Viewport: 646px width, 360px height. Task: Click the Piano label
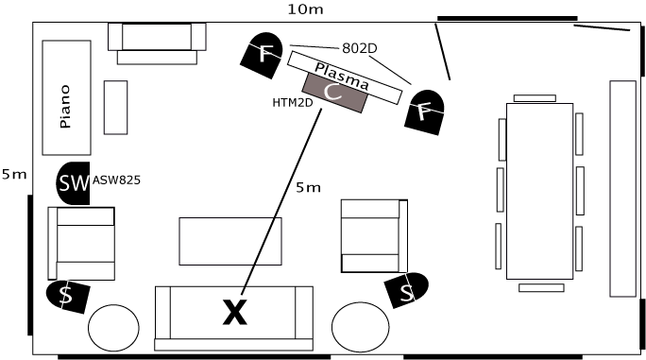[x=65, y=107]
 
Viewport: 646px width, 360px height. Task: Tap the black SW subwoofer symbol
[x=74, y=183]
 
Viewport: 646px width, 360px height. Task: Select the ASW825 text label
[x=116, y=180]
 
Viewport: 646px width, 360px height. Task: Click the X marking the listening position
[x=235, y=313]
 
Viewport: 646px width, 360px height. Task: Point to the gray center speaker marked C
[x=334, y=93]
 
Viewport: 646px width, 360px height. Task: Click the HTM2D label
[x=293, y=103]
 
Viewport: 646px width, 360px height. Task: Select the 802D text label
[x=359, y=48]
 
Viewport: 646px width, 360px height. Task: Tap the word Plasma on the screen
[x=342, y=77]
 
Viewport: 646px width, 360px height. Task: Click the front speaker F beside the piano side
[x=263, y=55]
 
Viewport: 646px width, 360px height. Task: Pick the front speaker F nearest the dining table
[x=424, y=112]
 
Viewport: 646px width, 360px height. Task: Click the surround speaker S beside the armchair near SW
[x=68, y=296]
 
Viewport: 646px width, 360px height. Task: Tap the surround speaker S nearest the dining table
[x=406, y=290]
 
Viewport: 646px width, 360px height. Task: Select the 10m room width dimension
[x=305, y=9]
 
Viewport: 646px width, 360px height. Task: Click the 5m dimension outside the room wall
[x=14, y=175]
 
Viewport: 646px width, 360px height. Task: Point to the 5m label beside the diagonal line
[x=308, y=188]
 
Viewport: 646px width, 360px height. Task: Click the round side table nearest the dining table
[x=361, y=327]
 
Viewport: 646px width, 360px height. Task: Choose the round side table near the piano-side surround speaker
[x=113, y=328]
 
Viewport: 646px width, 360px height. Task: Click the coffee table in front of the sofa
[x=230, y=241]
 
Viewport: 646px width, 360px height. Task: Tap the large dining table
[x=539, y=191]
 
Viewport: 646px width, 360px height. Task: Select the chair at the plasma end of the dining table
[x=535, y=98]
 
